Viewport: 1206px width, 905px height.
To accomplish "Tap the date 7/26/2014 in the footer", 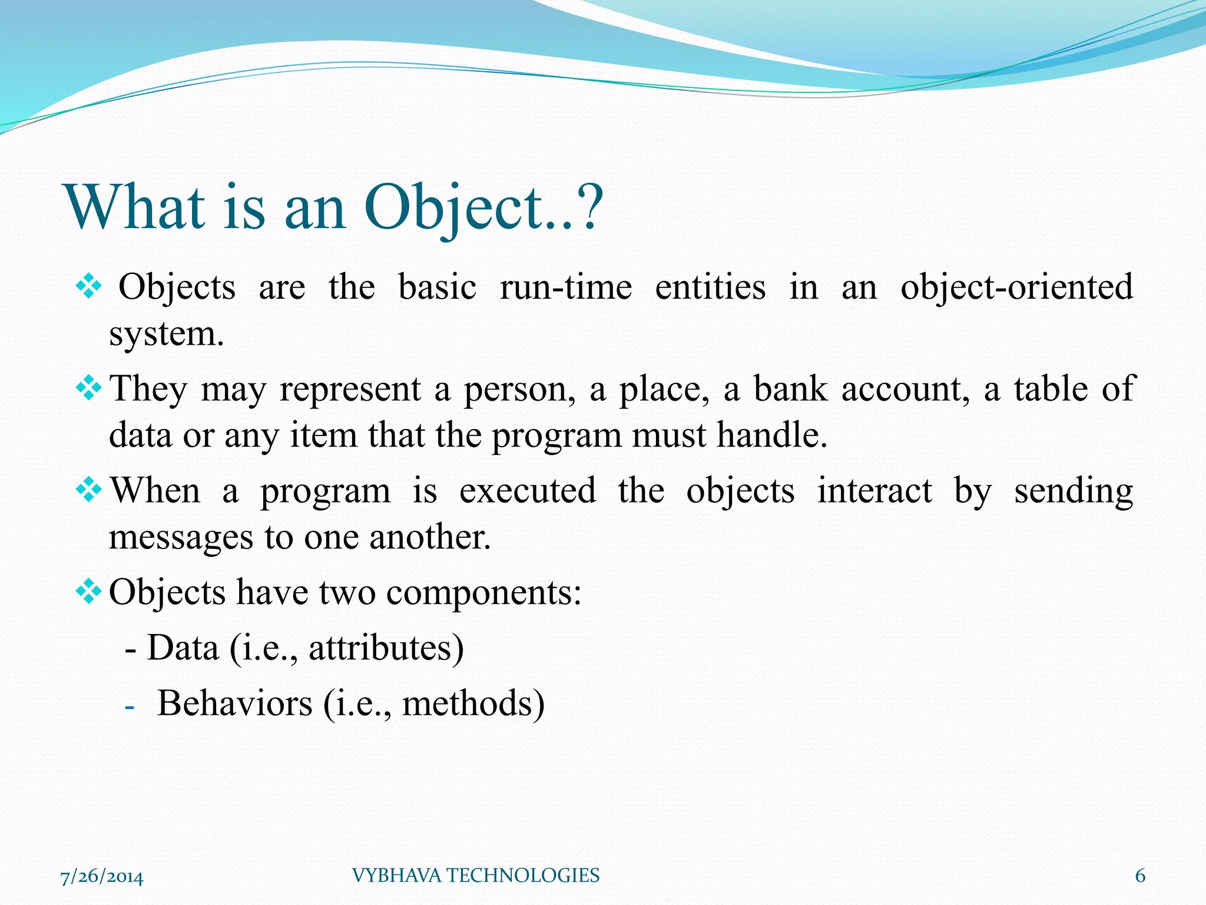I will pos(102,877).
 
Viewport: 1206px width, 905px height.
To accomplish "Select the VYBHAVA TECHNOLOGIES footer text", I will pos(475,876).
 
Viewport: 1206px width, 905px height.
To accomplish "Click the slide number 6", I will pos(1140,876).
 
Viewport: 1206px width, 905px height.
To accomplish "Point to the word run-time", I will pos(566,288).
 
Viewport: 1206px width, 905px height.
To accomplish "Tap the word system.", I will pos(166,335).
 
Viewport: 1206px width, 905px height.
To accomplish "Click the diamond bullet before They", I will pos(89,388).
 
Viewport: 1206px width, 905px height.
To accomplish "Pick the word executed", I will pos(527,491).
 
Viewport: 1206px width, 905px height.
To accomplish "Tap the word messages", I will pos(181,538).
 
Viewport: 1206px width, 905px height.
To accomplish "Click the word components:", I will pos(483,593).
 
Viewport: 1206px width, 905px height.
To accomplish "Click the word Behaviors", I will pos(234,703).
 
